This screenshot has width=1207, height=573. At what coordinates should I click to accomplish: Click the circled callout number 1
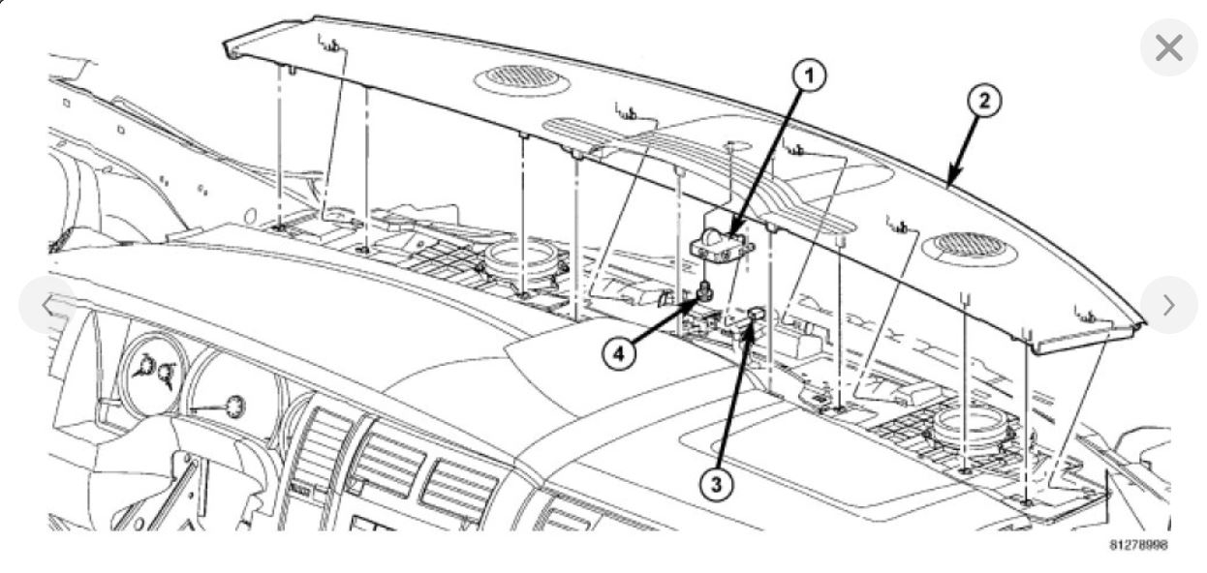809,76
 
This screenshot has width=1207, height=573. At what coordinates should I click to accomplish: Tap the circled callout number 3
716,483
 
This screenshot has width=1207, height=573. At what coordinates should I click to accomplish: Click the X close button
1168,47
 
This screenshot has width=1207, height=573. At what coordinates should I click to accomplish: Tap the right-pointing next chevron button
1168,305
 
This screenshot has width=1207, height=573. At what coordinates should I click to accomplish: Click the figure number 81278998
1138,546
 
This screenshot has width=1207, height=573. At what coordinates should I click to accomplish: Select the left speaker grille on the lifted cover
522,76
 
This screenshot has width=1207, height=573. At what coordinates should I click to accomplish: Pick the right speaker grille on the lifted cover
970,245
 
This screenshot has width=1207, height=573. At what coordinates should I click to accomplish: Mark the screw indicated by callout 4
706,289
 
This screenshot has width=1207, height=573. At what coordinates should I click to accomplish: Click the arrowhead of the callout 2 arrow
949,181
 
